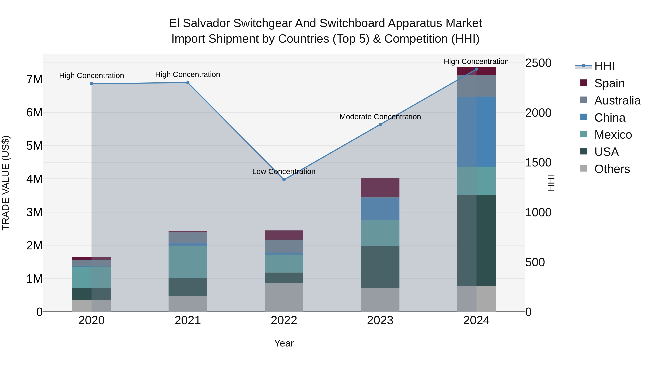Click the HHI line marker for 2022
point(284,180)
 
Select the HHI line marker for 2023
point(380,125)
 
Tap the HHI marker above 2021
point(188,83)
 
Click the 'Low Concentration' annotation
point(284,172)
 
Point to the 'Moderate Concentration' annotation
point(380,117)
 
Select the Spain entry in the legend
point(609,83)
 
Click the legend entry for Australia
point(617,100)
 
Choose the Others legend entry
point(612,169)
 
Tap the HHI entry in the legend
point(604,66)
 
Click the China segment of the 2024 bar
point(476,131)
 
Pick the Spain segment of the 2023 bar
point(380,187)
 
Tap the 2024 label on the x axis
point(476,320)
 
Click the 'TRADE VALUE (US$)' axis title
point(6,183)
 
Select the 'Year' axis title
point(284,343)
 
